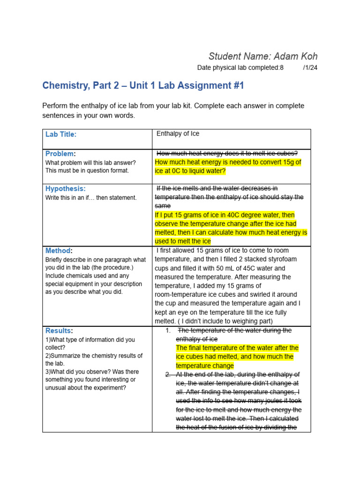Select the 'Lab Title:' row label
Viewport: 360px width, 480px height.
click(61, 135)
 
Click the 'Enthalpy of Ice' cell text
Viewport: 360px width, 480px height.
click(178, 134)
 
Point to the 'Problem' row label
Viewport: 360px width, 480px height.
click(60, 154)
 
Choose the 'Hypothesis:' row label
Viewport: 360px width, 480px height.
click(66, 188)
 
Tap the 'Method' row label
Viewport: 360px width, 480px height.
click(58, 251)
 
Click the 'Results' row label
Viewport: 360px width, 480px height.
click(59, 330)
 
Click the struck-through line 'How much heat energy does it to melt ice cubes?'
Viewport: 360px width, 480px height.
click(227, 154)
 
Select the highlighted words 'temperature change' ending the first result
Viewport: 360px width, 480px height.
click(204, 366)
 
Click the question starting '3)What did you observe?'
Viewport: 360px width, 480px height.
click(92, 372)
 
